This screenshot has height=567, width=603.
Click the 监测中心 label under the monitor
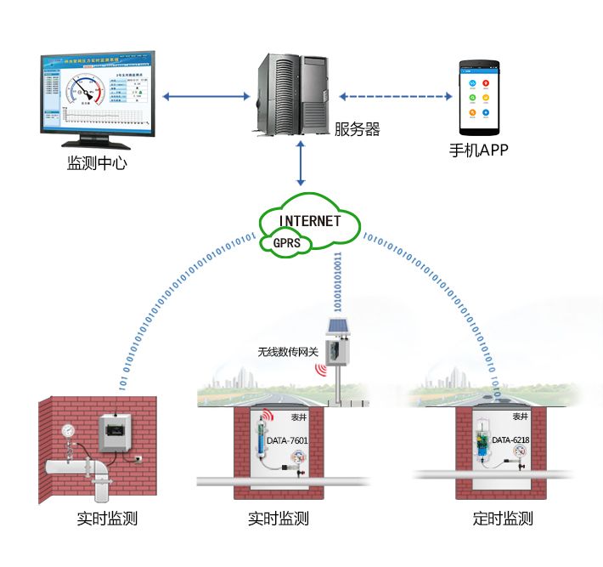click(97, 163)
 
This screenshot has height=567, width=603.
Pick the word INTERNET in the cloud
click(310, 221)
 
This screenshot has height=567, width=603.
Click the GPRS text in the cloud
click(288, 242)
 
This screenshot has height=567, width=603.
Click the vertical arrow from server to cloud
click(301, 165)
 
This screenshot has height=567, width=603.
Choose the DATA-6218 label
click(512, 440)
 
